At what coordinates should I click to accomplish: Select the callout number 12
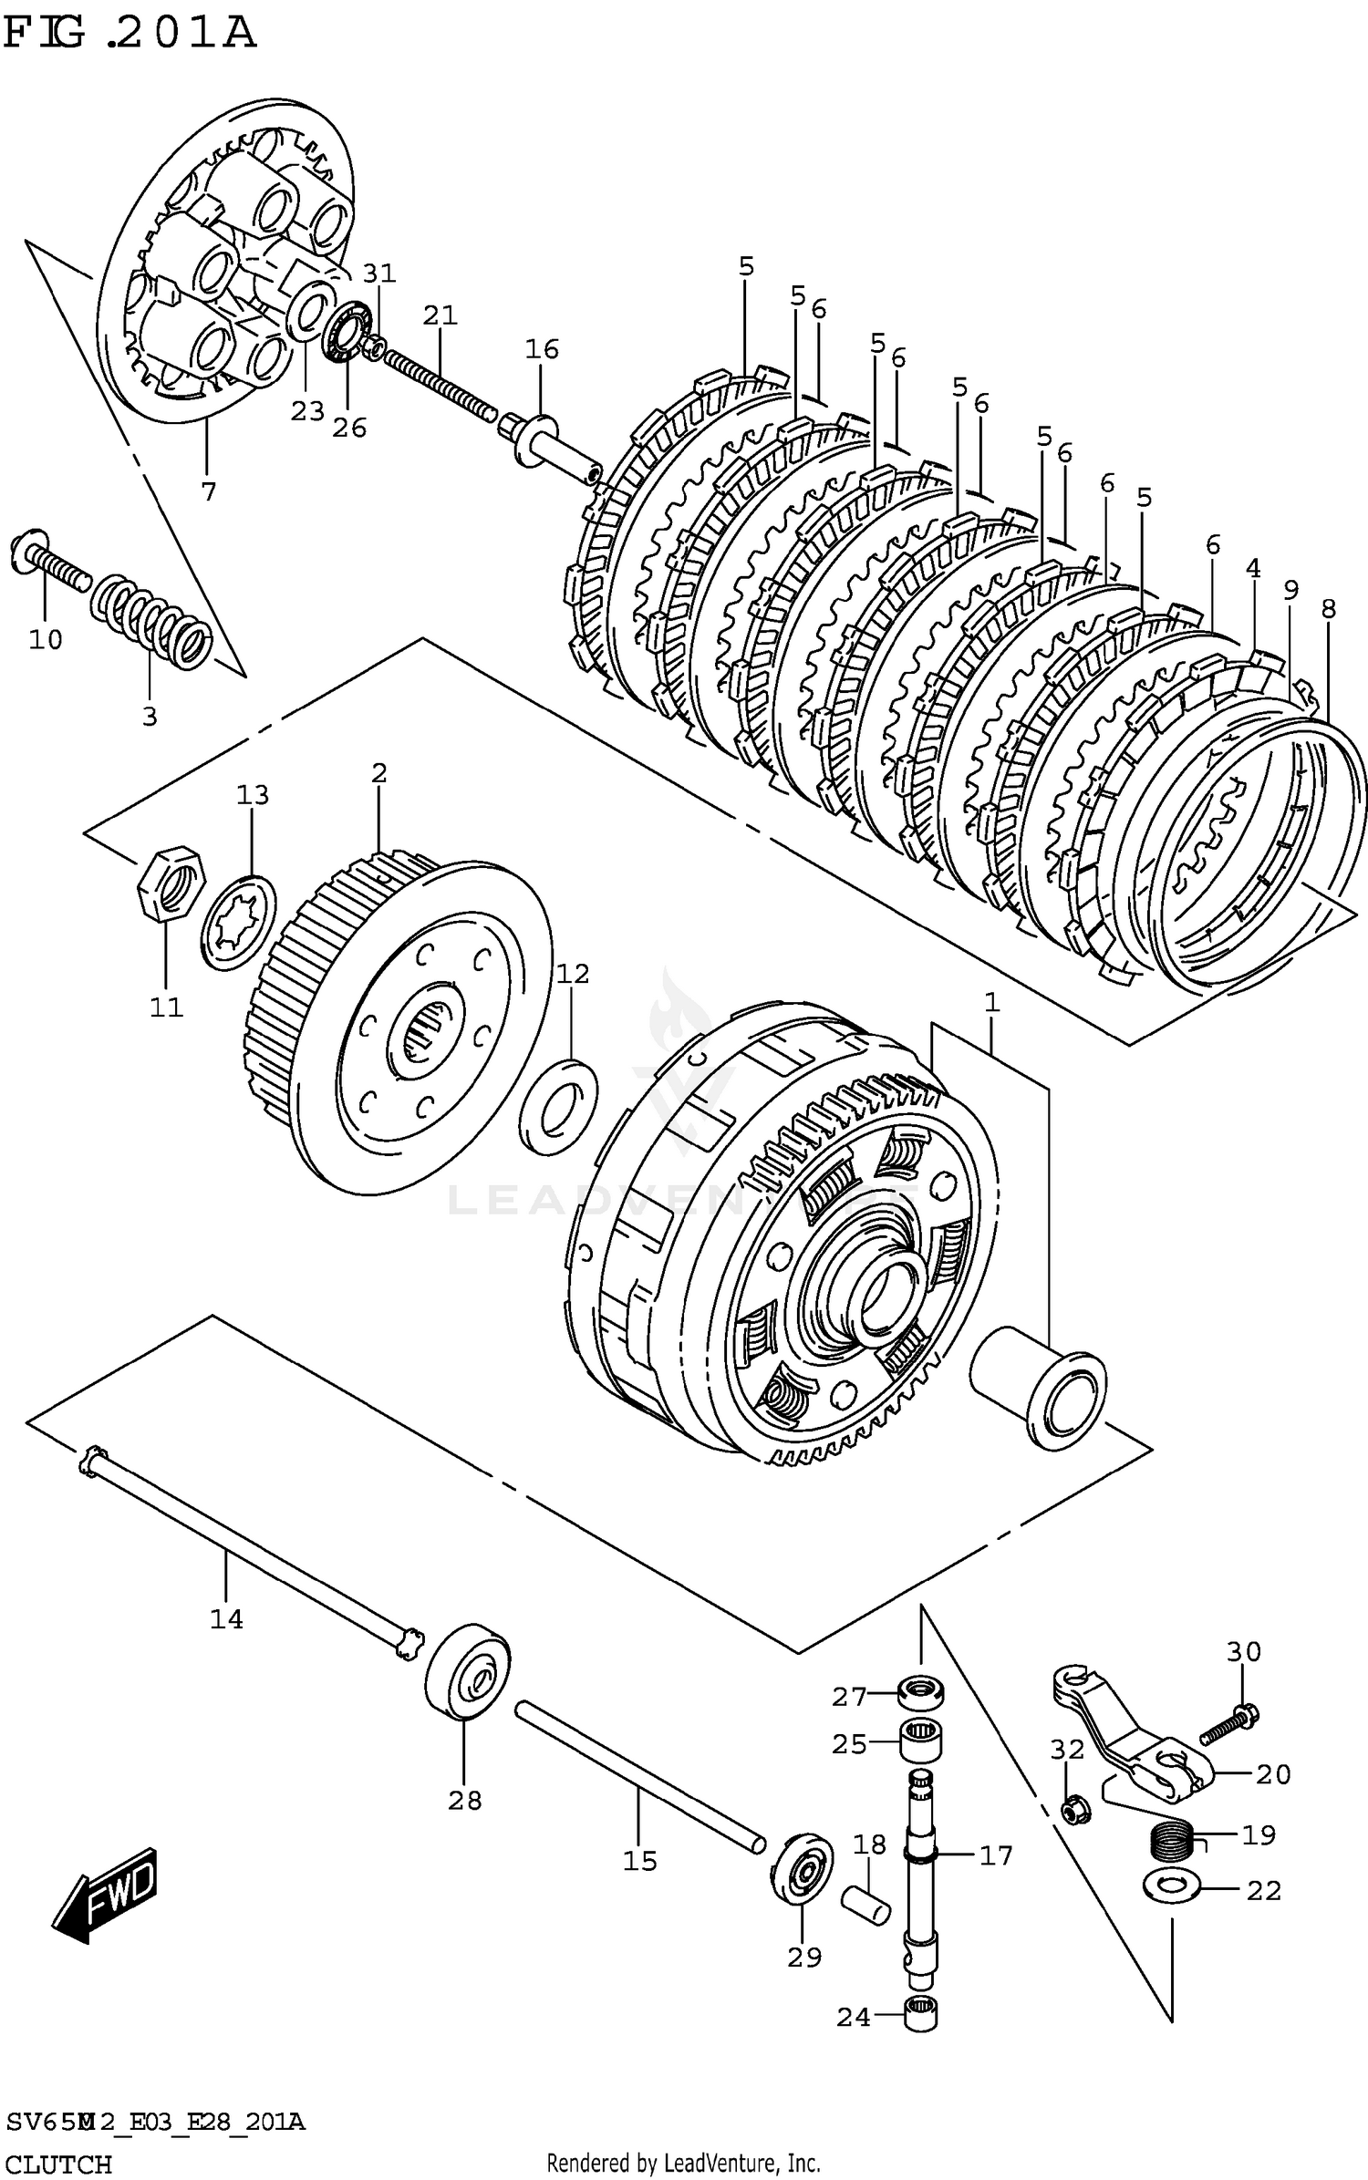pos(573,973)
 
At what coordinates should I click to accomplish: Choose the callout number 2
pos(379,773)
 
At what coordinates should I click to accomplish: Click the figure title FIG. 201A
pos(130,33)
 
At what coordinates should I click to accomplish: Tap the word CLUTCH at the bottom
pos(58,2156)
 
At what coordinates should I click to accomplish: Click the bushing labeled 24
pos(921,2014)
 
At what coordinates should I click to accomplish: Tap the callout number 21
pos(440,315)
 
